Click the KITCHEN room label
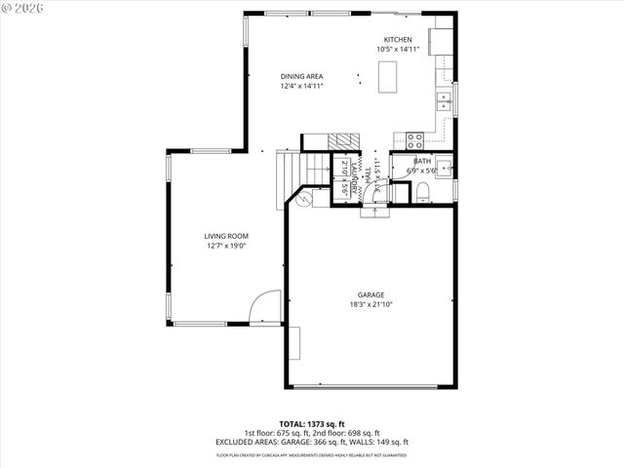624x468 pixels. click(397, 39)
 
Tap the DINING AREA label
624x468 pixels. click(301, 76)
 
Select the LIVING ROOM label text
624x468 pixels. click(226, 236)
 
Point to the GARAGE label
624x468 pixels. click(370, 294)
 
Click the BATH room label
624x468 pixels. click(421, 161)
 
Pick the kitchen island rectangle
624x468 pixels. click(387, 76)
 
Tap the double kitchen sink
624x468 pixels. click(445, 98)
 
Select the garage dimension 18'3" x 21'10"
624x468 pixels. click(370, 304)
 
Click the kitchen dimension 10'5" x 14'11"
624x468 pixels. click(397, 49)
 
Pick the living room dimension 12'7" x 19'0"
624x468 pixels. click(226, 247)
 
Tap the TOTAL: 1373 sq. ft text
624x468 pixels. click(312, 424)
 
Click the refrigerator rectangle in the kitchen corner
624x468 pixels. click(441, 41)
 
